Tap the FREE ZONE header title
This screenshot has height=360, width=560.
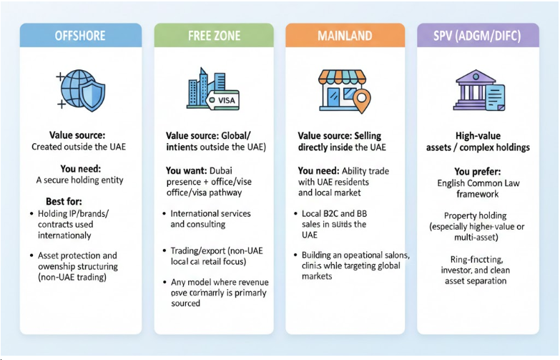coord(214,36)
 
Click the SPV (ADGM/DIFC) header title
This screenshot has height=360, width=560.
coord(478,36)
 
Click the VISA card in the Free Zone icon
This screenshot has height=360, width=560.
coord(225,101)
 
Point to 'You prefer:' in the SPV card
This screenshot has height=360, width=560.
coord(477,172)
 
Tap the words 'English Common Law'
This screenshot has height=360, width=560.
coord(478,183)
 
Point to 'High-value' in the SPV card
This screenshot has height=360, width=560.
coord(478,136)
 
